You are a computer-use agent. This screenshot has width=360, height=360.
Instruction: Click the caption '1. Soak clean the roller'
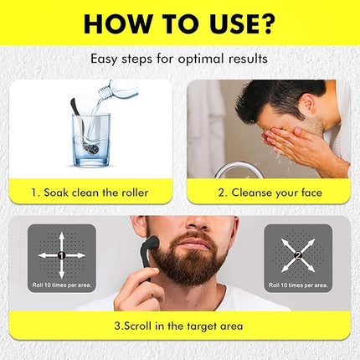[x=90, y=193]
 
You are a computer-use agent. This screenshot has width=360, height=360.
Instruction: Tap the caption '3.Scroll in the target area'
[x=179, y=326]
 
